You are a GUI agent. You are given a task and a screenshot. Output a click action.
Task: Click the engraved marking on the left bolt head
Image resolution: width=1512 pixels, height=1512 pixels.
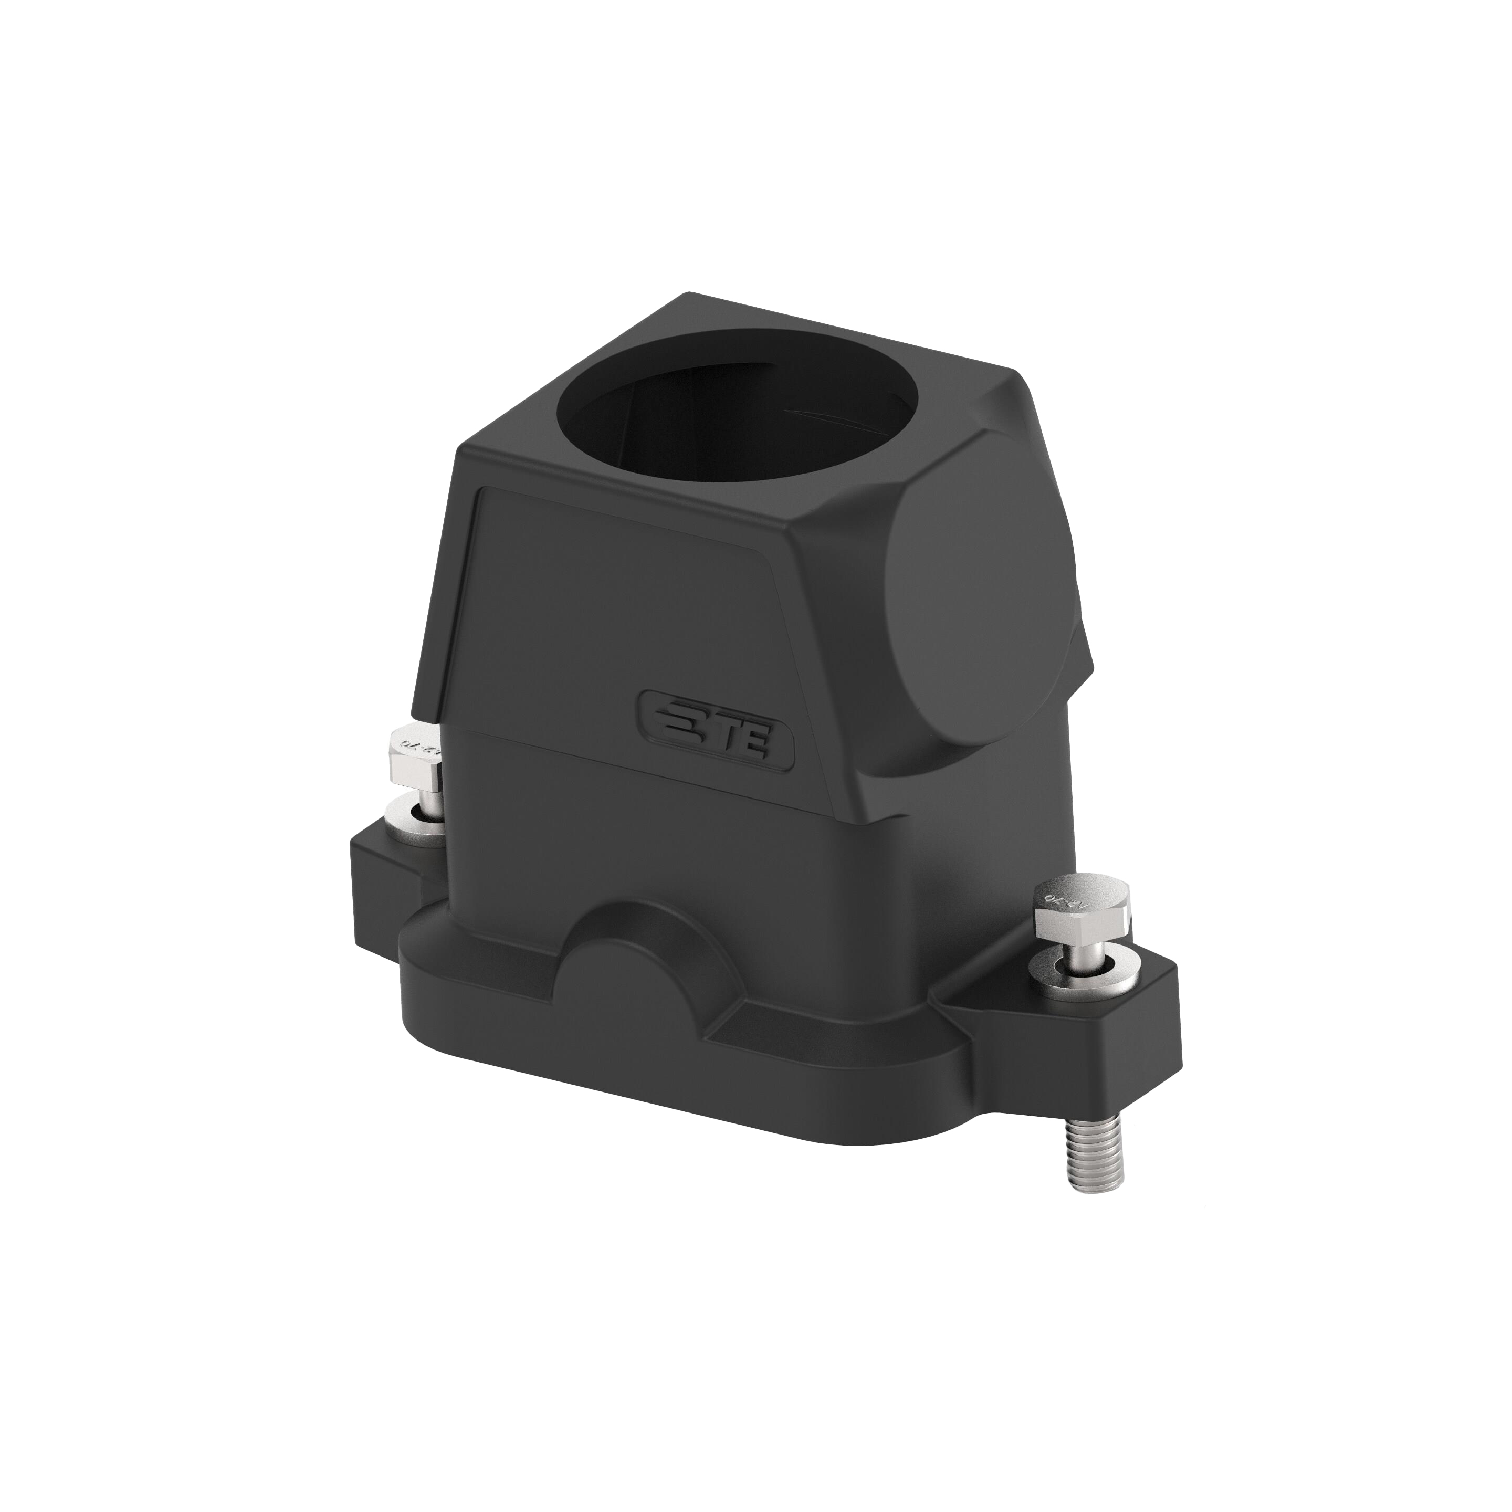coord(418,742)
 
